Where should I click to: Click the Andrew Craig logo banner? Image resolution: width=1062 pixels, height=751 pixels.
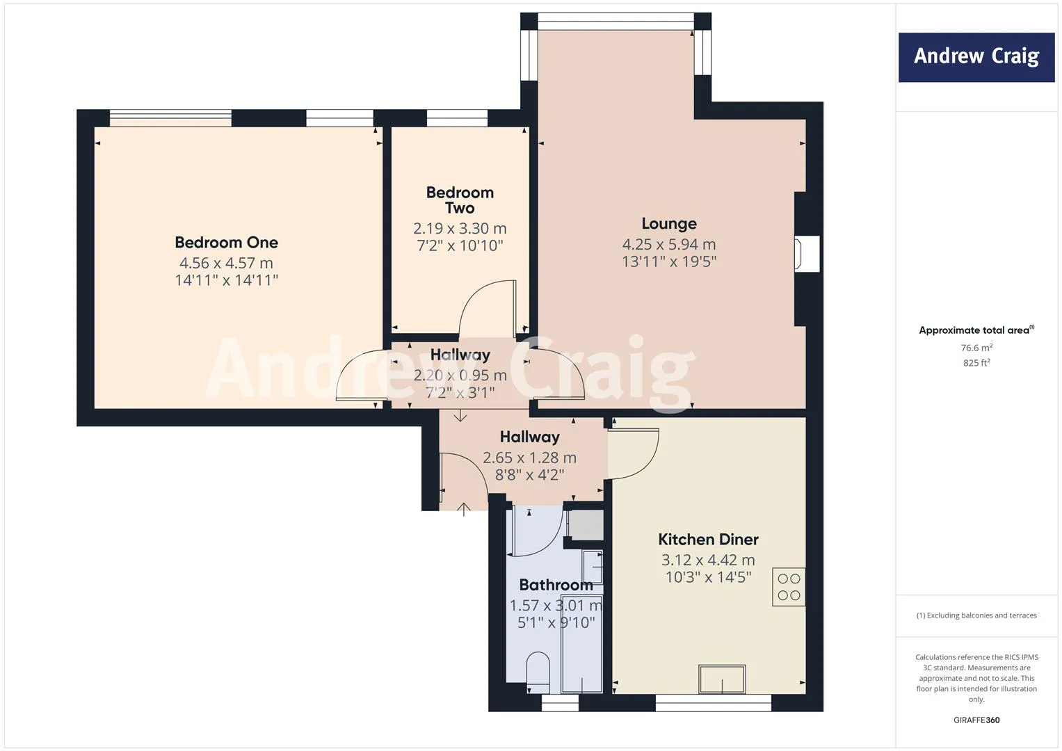click(x=976, y=57)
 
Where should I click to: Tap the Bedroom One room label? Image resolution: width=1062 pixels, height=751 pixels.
click(x=226, y=243)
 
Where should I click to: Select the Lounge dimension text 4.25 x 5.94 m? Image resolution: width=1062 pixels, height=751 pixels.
click(x=668, y=244)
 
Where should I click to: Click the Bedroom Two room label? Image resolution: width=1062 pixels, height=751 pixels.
click(x=460, y=200)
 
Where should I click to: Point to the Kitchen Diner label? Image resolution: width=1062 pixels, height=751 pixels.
click(x=708, y=539)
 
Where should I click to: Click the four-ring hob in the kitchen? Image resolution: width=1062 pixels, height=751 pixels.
click(x=789, y=587)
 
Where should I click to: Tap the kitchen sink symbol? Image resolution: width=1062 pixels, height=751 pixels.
click(x=722, y=679)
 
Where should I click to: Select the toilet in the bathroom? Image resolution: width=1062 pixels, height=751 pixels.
click(x=538, y=670)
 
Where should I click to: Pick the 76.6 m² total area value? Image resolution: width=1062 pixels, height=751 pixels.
click(x=976, y=348)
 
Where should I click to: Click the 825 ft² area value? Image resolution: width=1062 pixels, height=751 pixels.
click(x=976, y=363)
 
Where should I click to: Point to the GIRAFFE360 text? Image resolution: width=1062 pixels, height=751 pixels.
click(x=976, y=720)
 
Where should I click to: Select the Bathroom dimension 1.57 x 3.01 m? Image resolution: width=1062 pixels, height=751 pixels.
click(x=555, y=606)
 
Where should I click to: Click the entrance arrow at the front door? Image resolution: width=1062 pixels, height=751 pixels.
click(x=464, y=509)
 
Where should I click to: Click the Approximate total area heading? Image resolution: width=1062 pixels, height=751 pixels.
click(x=976, y=330)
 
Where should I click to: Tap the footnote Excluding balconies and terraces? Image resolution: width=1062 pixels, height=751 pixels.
click(x=976, y=615)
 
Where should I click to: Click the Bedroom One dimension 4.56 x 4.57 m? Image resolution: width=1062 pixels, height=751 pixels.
click(x=226, y=263)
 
